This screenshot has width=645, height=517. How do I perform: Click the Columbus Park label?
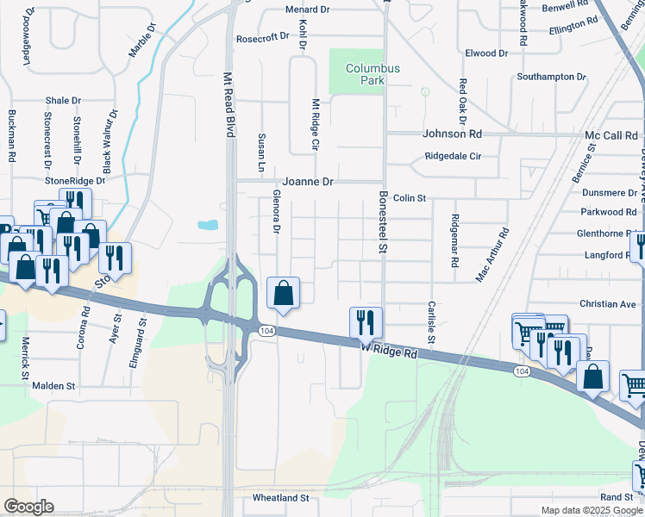click(373, 74)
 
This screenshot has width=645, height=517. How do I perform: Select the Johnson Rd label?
click(452, 134)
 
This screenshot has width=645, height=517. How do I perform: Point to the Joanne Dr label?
click(308, 182)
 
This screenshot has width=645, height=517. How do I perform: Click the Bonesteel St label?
click(384, 222)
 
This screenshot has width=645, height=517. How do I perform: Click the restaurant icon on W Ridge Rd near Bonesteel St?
click(366, 322)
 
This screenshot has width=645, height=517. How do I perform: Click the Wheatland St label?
click(280, 498)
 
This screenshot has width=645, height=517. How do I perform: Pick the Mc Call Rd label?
click(611, 136)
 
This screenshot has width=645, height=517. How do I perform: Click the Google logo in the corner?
click(28, 507)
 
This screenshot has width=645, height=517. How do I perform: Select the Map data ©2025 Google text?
click(592, 510)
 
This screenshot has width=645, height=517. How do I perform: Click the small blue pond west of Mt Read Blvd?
click(208, 226)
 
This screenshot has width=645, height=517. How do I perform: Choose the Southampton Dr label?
click(551, 77)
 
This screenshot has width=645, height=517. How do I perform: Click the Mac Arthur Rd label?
click(492, 256)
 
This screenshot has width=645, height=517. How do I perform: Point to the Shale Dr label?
click(63, 100)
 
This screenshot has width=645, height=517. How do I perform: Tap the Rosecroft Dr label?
click(263, 38)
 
